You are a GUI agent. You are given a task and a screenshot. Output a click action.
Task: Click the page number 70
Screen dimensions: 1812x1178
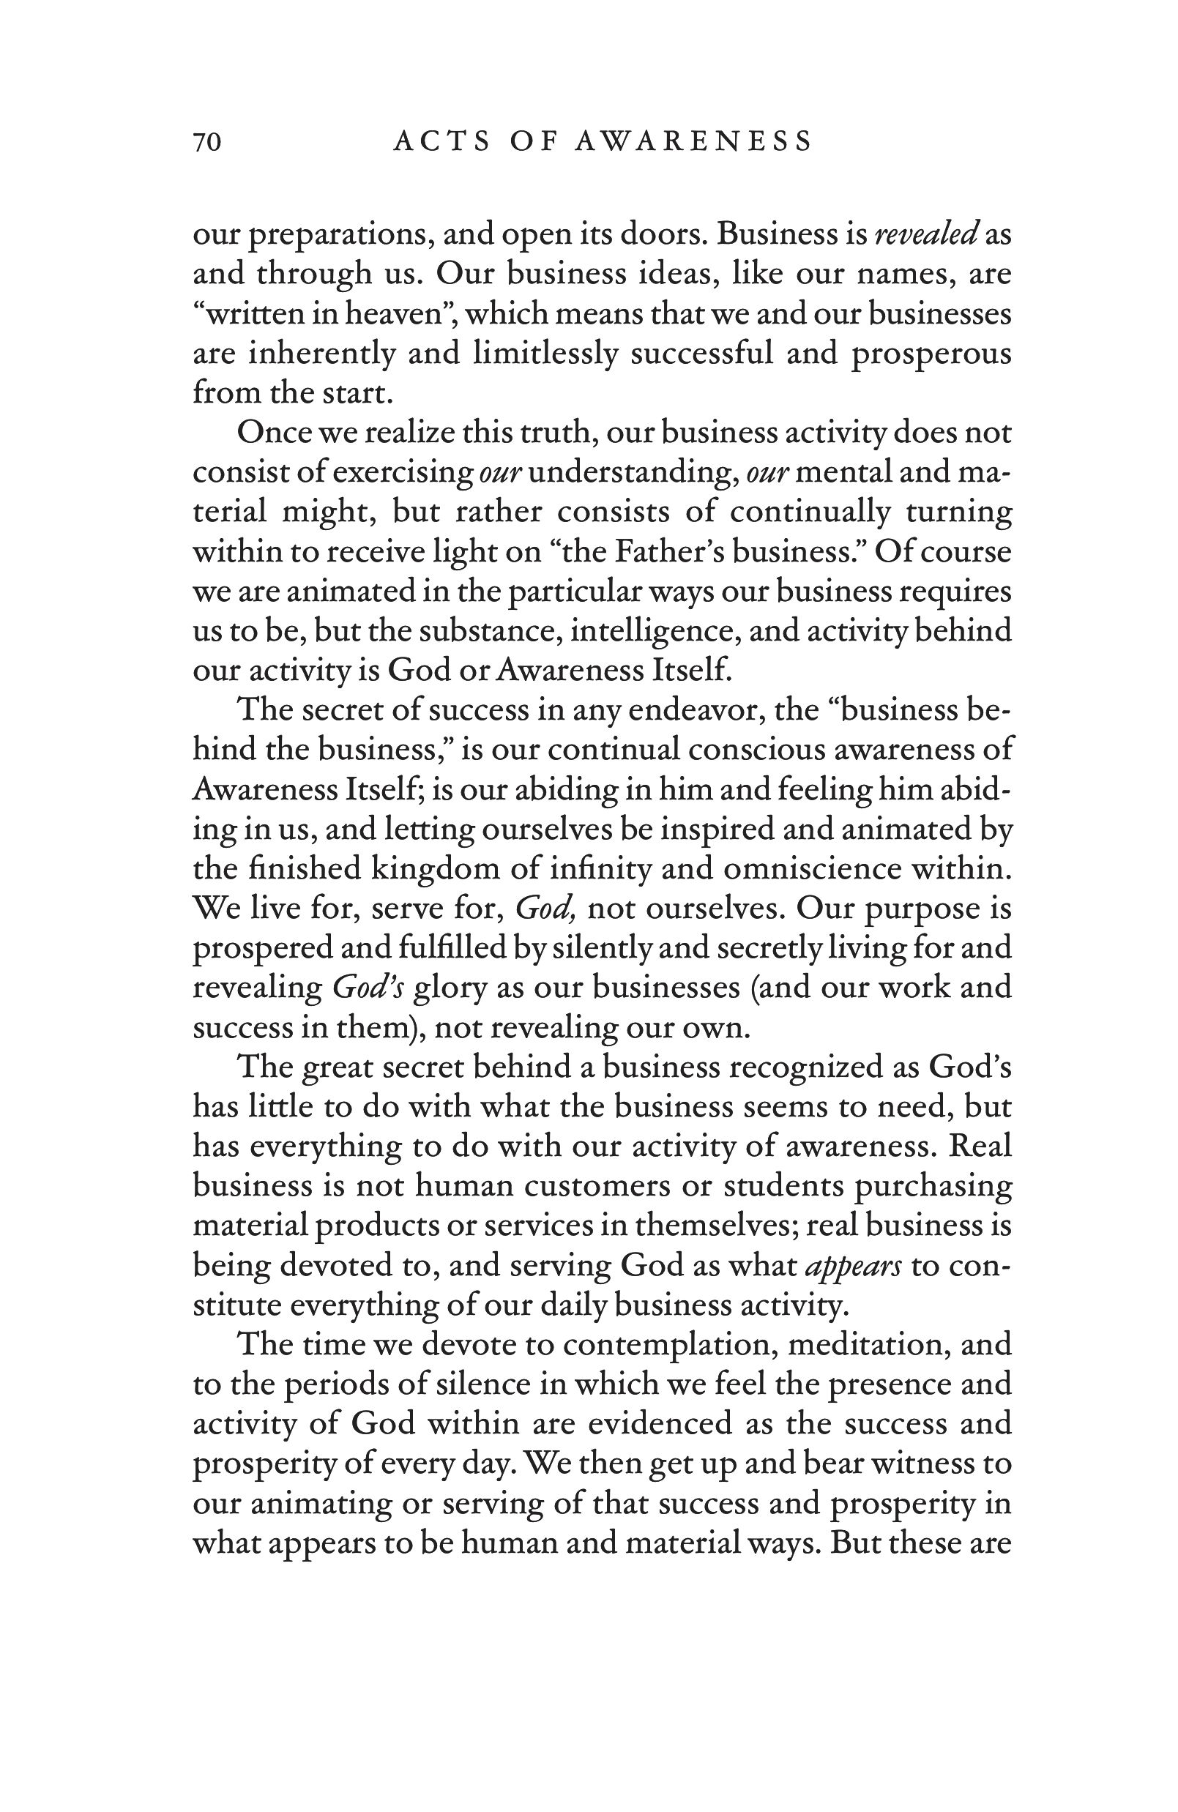coord(207,142)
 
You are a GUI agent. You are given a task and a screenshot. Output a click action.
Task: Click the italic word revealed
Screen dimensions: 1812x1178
coord(926,234)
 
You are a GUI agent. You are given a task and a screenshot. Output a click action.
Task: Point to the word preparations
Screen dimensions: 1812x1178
coord(342,236)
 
